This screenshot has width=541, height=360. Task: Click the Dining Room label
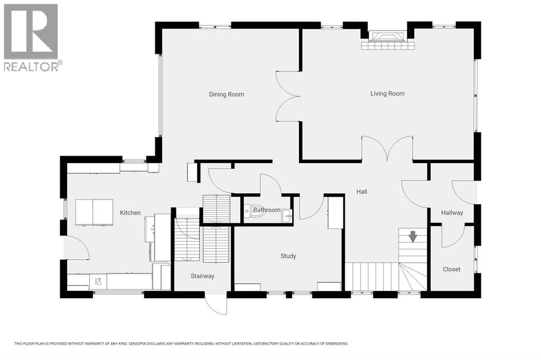[x=226, y=94]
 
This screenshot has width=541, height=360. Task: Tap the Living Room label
[x=387, y=93]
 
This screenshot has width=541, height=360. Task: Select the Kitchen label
[x=130, y=213]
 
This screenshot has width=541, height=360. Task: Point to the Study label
[x=288, y=256]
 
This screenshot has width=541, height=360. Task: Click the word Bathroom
[x=267, y=210]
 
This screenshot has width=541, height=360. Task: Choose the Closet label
[x=451, y=269]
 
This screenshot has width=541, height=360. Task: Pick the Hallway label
[x=452, y=213]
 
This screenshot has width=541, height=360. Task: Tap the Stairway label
[x=202, y=276]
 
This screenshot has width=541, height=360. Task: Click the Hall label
[x=361, y=192]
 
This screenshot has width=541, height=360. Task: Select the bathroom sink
[x=287, y=216]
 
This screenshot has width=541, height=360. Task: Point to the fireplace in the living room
[x=387, y=40]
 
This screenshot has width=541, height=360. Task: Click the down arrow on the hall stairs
[x=413, y=236]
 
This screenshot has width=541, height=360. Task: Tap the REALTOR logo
[x=31, y=37]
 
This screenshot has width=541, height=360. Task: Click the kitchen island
[x=94, y=212]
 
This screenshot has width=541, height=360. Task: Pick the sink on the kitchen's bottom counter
[x=98, y=281]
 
